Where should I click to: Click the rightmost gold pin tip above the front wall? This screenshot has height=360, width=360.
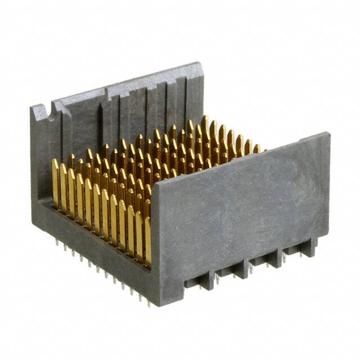pos(256,148)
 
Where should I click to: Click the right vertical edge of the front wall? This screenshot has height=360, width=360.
pos(328,186)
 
